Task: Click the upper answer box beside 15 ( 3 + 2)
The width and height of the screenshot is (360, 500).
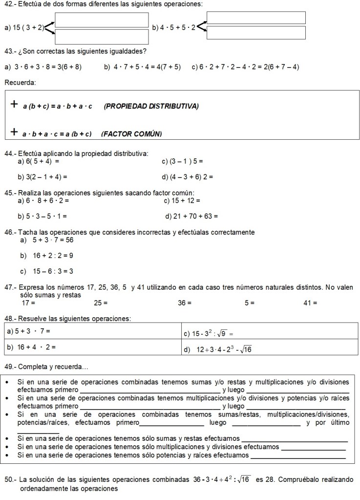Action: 102,20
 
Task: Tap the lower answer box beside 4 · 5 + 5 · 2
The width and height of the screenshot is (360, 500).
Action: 256,33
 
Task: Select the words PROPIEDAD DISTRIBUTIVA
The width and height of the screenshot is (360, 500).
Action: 151,106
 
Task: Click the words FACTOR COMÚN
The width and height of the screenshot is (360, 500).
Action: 131,134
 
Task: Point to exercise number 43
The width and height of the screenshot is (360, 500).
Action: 10,51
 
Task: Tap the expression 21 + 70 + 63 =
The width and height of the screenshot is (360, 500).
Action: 192,216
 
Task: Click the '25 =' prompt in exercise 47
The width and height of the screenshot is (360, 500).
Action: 101,303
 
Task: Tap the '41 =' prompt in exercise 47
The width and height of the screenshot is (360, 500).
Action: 310,303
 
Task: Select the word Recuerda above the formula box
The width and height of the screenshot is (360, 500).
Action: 20,82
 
